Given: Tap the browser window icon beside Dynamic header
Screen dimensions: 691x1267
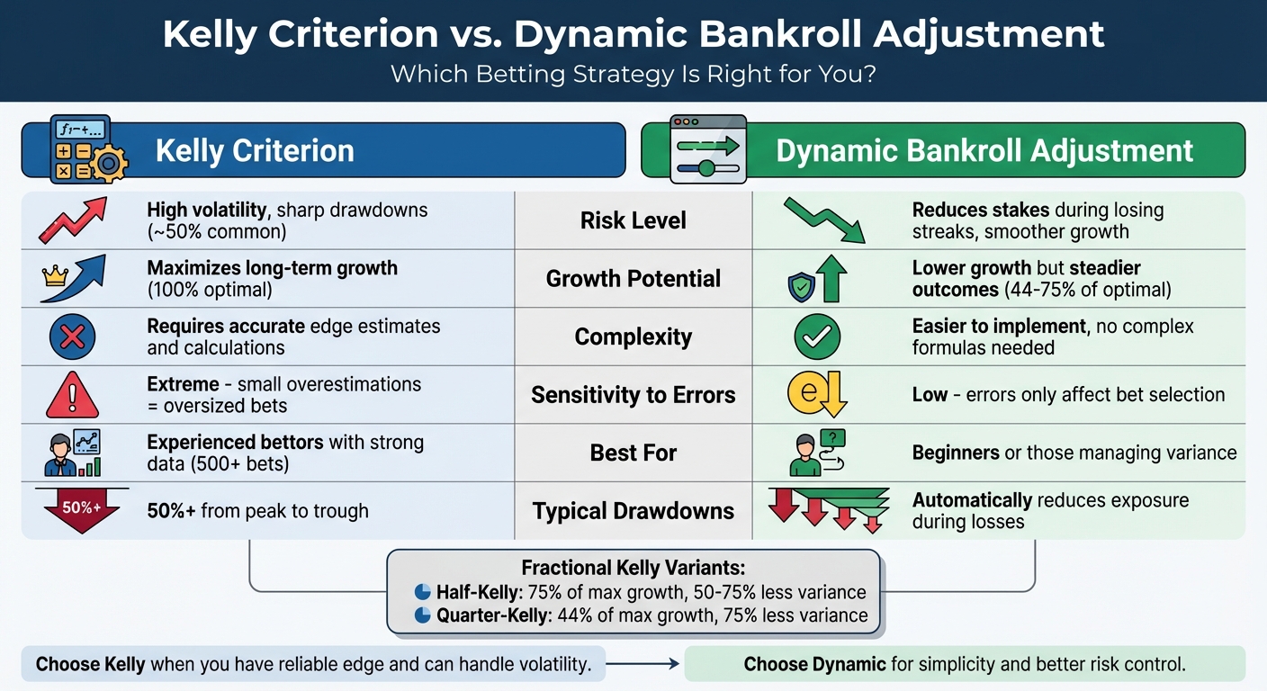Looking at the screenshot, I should pyautogui.click(x=708, y=149).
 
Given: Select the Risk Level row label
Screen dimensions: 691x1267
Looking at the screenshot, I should pyautogui.click(x=633, y=220).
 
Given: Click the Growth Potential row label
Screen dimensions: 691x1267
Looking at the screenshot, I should pyautogui.click(x=633, y=279).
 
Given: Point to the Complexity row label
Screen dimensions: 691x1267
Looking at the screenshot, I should pyautogui.click(x=633, y=337).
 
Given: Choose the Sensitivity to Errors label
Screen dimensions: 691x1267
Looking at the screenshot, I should pyautogui.click(x=633, y=395).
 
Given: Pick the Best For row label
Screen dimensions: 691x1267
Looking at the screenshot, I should pyautogui.click(x=633, y=453).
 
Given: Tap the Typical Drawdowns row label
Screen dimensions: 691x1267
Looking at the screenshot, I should pyautogui.click(x=633, y=511).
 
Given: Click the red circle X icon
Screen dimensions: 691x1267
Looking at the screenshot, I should pyautogui.click(x=73, y=337).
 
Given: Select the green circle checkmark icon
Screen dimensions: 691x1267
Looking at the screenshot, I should pyautogui.click(x=817, y=337).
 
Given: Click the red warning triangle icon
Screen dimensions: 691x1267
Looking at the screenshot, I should pyautogui.click(x=73, y=395).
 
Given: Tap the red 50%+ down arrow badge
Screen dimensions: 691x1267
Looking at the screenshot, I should pyautogui.click(x=81, y=509).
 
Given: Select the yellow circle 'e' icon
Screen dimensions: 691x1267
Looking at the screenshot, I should pyautogui.click(x=808, y=393).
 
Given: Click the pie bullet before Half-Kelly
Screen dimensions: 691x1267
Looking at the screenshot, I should pyautogui.click(x=422, y=592).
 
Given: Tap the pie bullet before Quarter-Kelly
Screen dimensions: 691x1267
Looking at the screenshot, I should pyautogui.click(x=422, y=615).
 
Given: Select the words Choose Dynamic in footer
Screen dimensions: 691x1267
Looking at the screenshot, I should pyautogui.click(x=814, y=665).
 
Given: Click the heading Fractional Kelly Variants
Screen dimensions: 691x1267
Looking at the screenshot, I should pyautogui.click(x=633, y=569).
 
